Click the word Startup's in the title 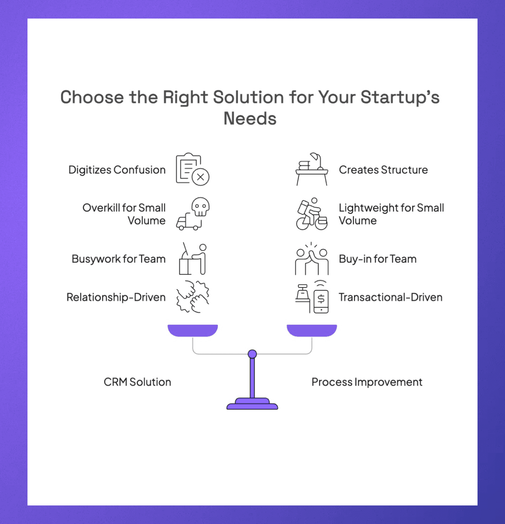click(x=400, y=97)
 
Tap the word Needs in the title click(x=250, y=119)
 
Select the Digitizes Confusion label click(x=117, y=170)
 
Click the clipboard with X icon click(x=192, y=169)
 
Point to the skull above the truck click(x=200, y=206)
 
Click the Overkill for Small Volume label click(x=124, y=214)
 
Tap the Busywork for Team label click(x=119, y=259)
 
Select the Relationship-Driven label click(x=116, y=297)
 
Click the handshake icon click(x=193, y=297)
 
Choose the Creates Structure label click(x=383, y=170)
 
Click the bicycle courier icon click(x=312, y=214)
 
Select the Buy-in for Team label click(x=378, y=259)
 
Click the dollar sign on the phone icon click(x=321, y=299)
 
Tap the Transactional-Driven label click(x=391, y=297)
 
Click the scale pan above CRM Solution click(x=193, y=330)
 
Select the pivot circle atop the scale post click(x=252, y=354)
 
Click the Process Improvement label click(x=367, y=382)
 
